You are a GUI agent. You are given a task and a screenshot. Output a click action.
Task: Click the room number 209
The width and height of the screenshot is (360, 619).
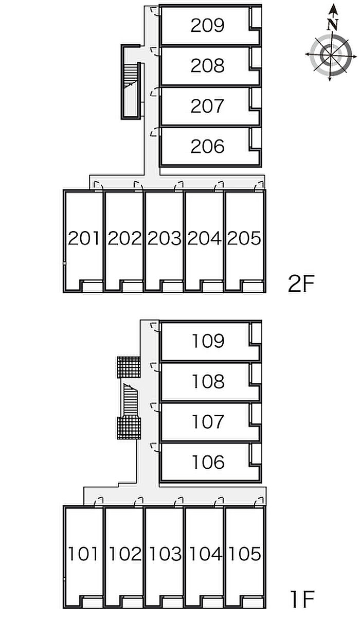[x=207, y=25]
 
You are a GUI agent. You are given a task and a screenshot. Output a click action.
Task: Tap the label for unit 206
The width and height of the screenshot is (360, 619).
[x=207, y=147]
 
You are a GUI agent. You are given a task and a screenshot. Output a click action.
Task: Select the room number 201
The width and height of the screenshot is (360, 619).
[x=83, y=238]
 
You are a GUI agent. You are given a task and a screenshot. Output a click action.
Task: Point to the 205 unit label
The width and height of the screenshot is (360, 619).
[x=244, y=238]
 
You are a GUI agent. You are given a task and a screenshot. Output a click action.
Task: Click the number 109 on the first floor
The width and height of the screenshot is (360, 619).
[x=208, y=341]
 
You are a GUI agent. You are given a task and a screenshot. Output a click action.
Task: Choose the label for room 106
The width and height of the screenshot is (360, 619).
[x=208, y=462]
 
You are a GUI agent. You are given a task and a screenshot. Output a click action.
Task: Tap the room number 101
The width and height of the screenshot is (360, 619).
[x=83, y=554]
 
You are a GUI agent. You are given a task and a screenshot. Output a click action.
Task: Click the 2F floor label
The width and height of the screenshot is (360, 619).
[x=301, y=285]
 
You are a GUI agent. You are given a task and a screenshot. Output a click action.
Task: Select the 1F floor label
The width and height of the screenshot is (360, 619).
[x=302, y=599]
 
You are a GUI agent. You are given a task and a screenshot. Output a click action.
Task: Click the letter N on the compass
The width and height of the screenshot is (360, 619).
[x=333, y=25]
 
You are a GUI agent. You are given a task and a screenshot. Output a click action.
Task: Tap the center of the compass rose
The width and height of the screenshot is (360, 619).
[x=331, y=55]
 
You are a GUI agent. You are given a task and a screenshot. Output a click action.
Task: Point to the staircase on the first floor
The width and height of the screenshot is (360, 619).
[x=130, y=400]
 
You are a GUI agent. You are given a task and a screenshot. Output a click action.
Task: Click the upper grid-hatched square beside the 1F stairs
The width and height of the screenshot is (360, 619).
[x=129, y=367]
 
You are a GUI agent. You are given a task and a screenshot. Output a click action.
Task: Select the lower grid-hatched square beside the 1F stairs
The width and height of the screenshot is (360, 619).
[x=129, y=428]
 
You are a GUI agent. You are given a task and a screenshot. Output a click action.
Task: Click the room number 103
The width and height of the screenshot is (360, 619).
[x=165, y=554]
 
